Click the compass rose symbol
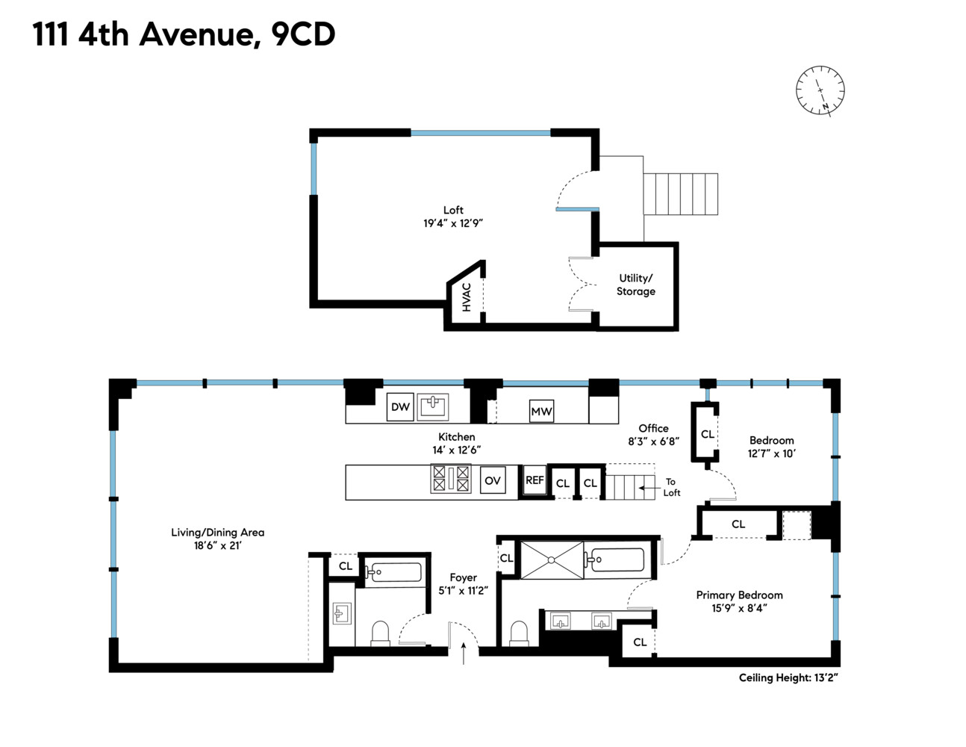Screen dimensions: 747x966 click(x=820, y=90)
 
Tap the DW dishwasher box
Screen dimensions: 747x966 click(x=400, y=407)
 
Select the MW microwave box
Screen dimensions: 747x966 click(x=541, y=411)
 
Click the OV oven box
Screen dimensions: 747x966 click(x=492, y=480)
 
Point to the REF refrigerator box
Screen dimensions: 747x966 click(x=535, y=480)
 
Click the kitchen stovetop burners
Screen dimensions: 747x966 click(x=451, y=478)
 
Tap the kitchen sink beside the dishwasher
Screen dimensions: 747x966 click(x=432, y=407)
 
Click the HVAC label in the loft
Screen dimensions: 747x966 click(x=467, y=297)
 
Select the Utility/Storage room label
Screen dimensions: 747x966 click(x=635, y=285)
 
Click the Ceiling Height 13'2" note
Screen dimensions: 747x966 click(x=788, y=678)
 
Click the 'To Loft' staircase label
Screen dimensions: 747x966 click(x=671, y=487)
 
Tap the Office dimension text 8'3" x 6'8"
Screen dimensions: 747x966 click(x=653, y=441)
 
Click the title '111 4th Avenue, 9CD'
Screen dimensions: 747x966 click(x=184, y=34)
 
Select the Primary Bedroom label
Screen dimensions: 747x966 click(x=739, y=595)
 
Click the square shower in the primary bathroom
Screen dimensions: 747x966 click(x=552, y=560)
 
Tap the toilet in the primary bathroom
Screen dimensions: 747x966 click(x=519, y=634)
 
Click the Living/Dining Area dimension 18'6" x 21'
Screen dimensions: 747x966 click(x=217, y=546)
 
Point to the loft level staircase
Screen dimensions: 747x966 click(x=680, y=194)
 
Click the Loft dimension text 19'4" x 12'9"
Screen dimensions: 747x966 click(x=453, y=223)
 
